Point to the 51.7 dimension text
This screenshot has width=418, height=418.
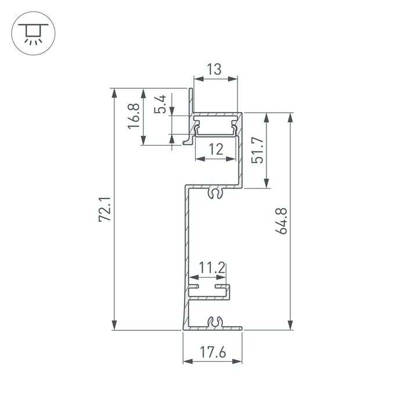(259, 150)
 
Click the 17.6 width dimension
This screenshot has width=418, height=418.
(212, 352)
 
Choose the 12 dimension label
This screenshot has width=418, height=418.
(215, 149)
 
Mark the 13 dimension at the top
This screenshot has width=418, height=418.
(214, 70)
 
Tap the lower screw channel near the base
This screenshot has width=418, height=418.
(215, 322)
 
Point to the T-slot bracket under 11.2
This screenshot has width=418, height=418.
(211, 289)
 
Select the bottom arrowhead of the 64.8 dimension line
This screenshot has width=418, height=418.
(290, 326)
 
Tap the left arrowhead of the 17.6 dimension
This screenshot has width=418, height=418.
(186, 362)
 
